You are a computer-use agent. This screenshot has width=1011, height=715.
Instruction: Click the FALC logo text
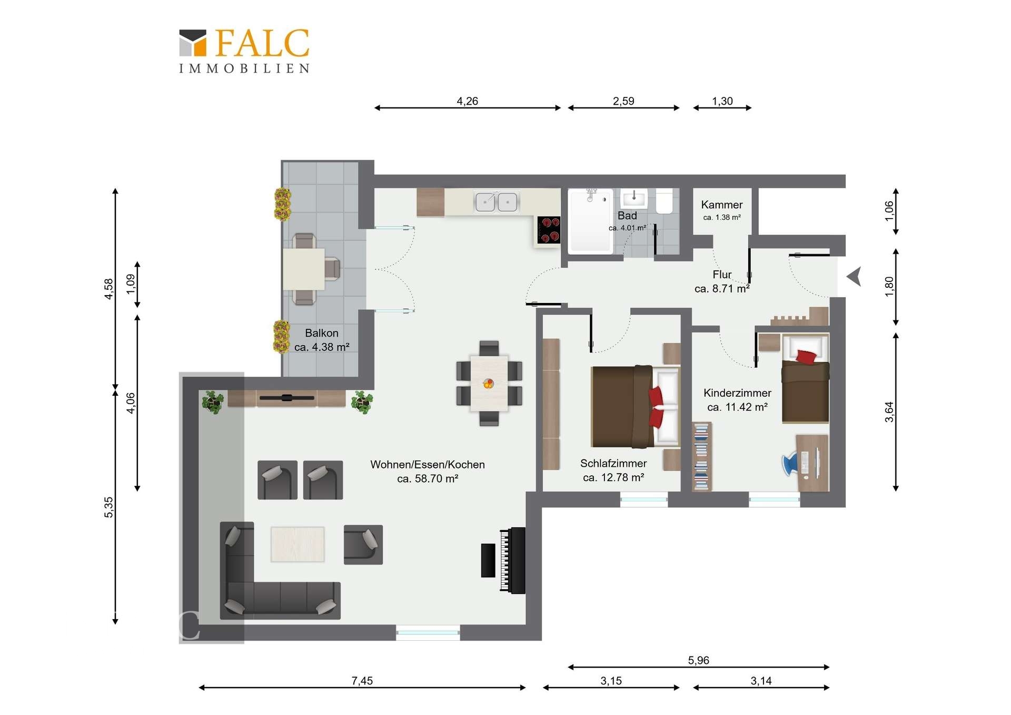pyautogui.click(x=262, y=43)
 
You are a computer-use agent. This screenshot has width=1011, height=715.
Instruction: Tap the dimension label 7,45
pyautogui.click(x=362, y=681)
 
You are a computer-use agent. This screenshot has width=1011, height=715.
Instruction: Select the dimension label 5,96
pyautogui.click(x=698, y=660)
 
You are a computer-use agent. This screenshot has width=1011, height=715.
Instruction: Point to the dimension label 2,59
pyautogui.click(x=623, y=101)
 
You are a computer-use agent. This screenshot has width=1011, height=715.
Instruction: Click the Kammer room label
pyautogui.click(x=722, y=204)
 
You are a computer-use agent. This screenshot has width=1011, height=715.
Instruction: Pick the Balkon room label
pyautogui.click(x=322, y=333)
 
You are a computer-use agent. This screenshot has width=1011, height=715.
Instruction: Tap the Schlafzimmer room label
pyautogui.click(x=613, y=463)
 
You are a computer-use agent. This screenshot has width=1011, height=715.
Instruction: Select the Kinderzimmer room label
pyautogui.click(x=737, y=393)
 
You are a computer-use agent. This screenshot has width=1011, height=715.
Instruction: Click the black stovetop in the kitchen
pyautogui.click(x=549, y=230)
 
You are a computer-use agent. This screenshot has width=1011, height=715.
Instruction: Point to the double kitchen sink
pyautogui.click(x=497, y=202)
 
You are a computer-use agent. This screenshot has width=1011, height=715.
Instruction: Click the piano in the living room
pyautogui.click(x=504, y=560)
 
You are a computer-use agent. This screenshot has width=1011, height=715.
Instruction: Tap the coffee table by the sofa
pyautogui.click(x=298, y=544)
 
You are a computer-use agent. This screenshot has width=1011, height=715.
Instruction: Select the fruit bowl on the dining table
pyautogui.click(x=489, y=384)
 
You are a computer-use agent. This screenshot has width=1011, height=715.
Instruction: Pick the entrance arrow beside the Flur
pyautogui.click(x=854, y=276)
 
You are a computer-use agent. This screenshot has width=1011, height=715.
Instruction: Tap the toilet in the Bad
pyautogui.click(x=665, y=201)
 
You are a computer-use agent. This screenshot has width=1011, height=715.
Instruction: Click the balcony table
pyautogui.click(x=304, y=269)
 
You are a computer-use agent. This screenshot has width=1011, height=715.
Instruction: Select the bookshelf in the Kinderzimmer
pyautogui.click(x=701, y=456)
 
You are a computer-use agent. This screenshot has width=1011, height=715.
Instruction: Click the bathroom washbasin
pyautogui.click(x=634, y=199)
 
